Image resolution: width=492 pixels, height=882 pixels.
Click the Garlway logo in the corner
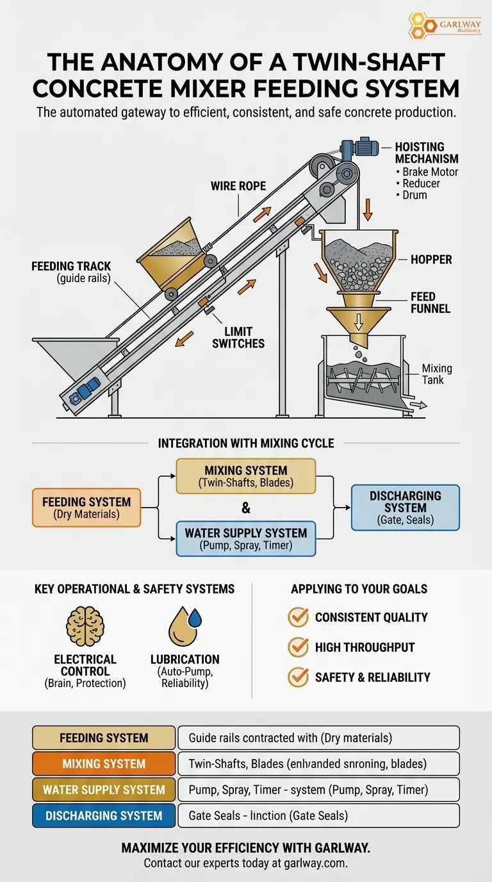point(445,26)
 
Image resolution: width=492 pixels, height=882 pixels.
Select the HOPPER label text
point(431,260)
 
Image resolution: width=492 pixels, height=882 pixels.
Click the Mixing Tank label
point(436,374)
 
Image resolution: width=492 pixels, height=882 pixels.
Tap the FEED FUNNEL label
point(430,303)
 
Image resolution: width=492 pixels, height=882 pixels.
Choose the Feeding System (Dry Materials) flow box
point(86,508)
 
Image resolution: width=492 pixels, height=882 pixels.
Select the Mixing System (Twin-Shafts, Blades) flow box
point(246,476)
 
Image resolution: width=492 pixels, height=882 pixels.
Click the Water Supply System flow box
point(246,539)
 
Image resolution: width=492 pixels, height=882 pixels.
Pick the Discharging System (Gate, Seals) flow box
point(405,508)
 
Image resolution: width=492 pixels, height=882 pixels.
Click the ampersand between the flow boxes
point(246,508)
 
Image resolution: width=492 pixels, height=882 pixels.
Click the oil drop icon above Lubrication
point(185,626)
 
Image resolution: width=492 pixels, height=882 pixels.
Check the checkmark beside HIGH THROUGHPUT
point(298,647)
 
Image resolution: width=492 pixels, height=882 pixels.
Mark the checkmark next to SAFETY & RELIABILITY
point(298,678)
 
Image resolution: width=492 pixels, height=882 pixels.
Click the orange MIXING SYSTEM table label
point(104,764)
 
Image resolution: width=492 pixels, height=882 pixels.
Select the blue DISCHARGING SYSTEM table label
point(104,816)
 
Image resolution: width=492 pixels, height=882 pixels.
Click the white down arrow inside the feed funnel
point(359,320)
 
